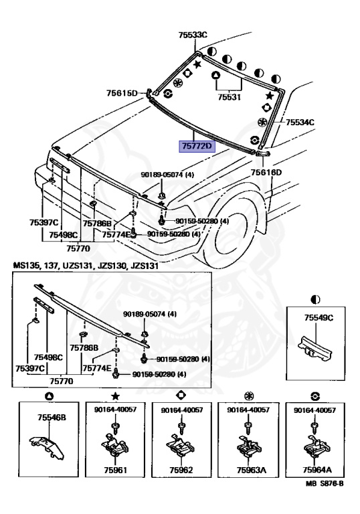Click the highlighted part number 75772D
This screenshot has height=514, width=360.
pos(197,146)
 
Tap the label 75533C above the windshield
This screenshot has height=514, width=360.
pos(193,35)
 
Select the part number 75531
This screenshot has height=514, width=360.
pos(229,97)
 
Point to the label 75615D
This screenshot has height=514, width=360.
pos(122,93)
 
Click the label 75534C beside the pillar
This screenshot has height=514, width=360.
pos(300,122)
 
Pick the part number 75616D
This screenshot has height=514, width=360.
pos(266,172)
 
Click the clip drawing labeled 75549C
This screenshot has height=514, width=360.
pos(315,349)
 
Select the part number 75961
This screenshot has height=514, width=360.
pos(115,470)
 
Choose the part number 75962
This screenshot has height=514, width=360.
pos(181,470)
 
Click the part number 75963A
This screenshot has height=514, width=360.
pos(251,470)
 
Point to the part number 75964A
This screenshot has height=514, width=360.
pos(317,470)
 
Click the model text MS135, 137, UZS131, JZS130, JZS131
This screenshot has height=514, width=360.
pos(86,266)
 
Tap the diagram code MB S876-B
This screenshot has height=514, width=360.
pos(325,483)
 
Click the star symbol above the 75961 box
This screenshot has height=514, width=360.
pos(115,396)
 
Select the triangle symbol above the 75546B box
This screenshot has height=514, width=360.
pos(49,396)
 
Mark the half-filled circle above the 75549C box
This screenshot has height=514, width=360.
pos(315,300)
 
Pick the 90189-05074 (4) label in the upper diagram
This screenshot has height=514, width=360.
pos(167,175)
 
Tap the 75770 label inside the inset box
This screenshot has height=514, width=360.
pos(62,381)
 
